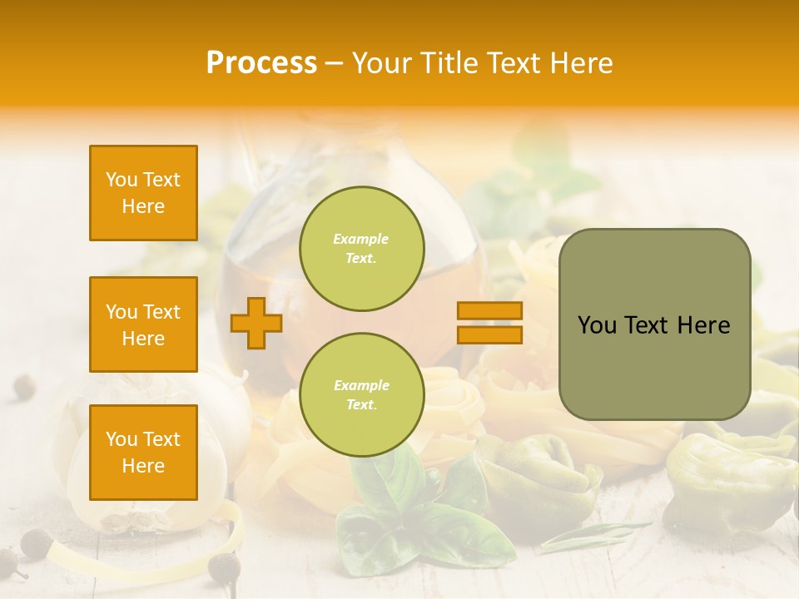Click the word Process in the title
click(261, 63)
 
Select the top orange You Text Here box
click(143, 193)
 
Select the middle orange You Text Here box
click(143, 324)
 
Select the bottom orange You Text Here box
click(143, 452)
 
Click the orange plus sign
click(256, 323)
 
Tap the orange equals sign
click(489, 323)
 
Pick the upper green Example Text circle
click(361, 249)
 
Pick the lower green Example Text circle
click(361, 395)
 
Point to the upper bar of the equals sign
click(489, 311)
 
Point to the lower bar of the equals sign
click(489, 334)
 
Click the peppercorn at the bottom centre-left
click(223, 567)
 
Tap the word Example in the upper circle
click(361, 240)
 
